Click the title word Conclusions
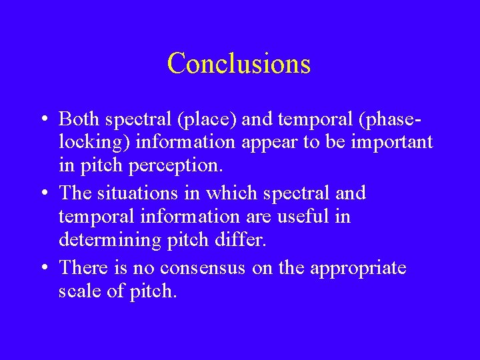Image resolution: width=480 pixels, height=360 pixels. coord(239,63)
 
